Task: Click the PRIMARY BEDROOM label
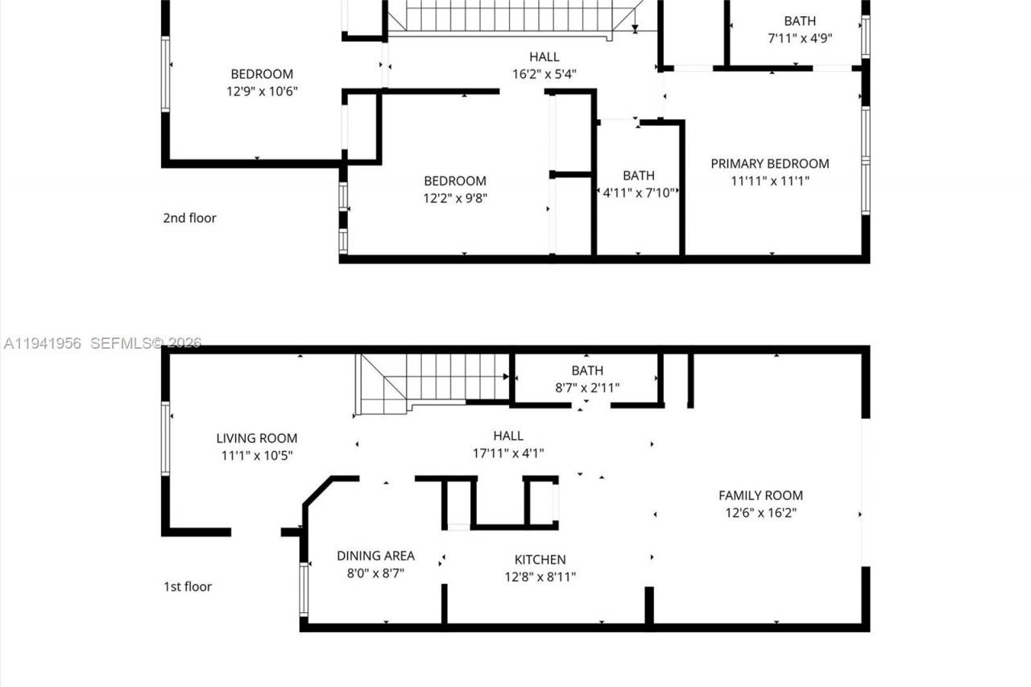769,163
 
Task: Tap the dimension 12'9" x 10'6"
262,92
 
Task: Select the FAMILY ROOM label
760,495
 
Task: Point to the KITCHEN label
540,559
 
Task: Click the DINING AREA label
375,556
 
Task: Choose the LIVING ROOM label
256,438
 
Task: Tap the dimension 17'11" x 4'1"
508,453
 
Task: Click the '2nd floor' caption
189,217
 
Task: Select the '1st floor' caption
188,586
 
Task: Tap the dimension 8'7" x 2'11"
587,388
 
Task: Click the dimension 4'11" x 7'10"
639,193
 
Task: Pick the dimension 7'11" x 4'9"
799,39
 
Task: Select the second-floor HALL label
544,56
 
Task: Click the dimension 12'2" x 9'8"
455,198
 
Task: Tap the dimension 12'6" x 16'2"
760,513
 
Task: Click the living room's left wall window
165,438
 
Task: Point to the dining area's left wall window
304,590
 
